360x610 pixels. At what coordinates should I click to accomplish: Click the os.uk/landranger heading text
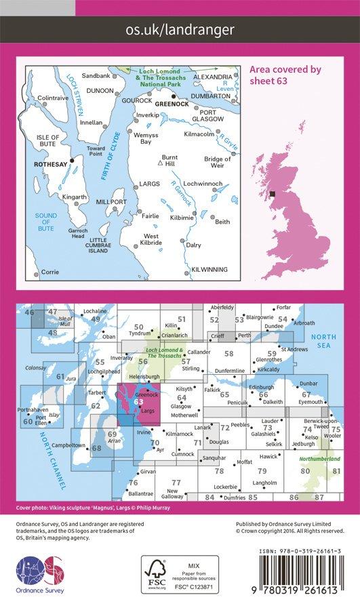point(180,29)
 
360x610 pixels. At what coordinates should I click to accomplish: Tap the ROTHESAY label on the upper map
point(51,163)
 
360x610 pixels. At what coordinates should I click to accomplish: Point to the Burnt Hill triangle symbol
point(159,163)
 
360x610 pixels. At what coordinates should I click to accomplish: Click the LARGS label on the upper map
point(149,184)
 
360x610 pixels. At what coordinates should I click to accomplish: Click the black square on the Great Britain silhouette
point(273,195)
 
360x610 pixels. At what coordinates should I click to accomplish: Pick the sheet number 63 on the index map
point(139,401)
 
